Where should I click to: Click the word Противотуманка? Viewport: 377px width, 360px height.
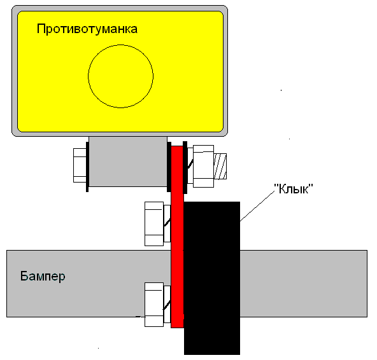coord(87,29)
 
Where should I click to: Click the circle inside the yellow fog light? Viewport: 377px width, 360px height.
coord(88,76)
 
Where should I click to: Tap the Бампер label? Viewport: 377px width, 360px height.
coord(43,276)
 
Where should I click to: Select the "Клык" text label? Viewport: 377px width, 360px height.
coord(294,189)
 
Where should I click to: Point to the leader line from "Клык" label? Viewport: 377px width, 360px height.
coord(257,206)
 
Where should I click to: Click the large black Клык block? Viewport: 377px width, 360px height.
coord(212,278)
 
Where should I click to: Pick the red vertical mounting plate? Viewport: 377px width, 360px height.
coord(177,237)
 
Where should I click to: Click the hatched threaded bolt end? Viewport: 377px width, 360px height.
coord(220,166)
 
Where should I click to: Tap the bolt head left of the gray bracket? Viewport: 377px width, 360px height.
coord(80,165)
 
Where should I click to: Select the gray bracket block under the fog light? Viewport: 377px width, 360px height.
coord(128,162)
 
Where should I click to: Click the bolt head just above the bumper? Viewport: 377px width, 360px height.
coord(154,224)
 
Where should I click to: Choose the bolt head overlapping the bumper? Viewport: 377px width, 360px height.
coord(154,305)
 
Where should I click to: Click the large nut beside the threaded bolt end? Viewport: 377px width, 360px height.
coord(203,166)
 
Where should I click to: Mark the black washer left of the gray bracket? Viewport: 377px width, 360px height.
coord(87,167)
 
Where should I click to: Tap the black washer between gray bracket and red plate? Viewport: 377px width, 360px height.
coord(169,167)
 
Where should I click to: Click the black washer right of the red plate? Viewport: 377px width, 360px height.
coord(185,167)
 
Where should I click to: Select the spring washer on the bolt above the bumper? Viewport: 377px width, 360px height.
coord(167,223)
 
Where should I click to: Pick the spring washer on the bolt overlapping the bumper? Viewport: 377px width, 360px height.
coord(167,304)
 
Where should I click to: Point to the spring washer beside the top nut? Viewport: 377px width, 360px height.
coord(190,166)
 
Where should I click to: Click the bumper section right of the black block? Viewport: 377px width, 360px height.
coord(304,284)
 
